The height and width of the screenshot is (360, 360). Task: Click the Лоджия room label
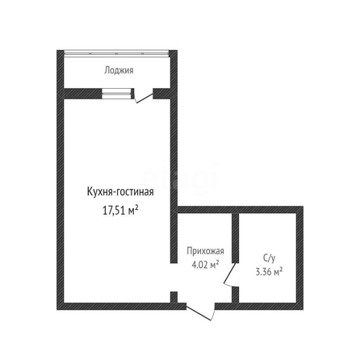coord(119,70)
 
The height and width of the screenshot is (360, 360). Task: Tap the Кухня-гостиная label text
coord(120,192)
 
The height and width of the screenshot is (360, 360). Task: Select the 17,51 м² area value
coord(120,210)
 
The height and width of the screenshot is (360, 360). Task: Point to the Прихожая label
coord(205,251)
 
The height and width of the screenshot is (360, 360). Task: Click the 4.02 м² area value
coord(205,265)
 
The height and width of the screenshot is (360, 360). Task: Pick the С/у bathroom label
coord(269,258)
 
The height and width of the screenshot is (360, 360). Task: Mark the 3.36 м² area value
coord(269,272)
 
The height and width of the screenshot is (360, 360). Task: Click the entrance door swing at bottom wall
coord(201,312)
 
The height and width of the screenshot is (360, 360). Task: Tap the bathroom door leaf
coord(230,273)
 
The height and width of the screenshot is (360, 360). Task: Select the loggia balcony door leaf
coord(145,98)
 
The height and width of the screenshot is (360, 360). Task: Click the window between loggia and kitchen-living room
coord(118,94)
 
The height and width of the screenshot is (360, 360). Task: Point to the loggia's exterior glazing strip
coord(116,53)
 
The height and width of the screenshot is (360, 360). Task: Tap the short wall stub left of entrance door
coord(174,297)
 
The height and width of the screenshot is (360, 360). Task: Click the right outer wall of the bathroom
coord(300,258)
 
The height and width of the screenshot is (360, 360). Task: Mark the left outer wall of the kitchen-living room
coord(60,180)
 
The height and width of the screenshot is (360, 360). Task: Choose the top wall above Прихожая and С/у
coord(241,210)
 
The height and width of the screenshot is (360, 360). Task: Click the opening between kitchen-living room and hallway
coord(174,277)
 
